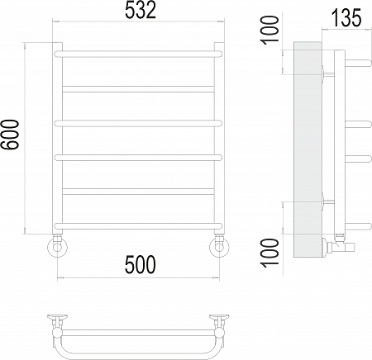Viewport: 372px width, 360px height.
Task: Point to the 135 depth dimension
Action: point(345,17)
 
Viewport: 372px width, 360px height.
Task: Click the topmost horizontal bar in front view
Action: point(138,52)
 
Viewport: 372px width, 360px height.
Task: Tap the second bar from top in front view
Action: point(138,86)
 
